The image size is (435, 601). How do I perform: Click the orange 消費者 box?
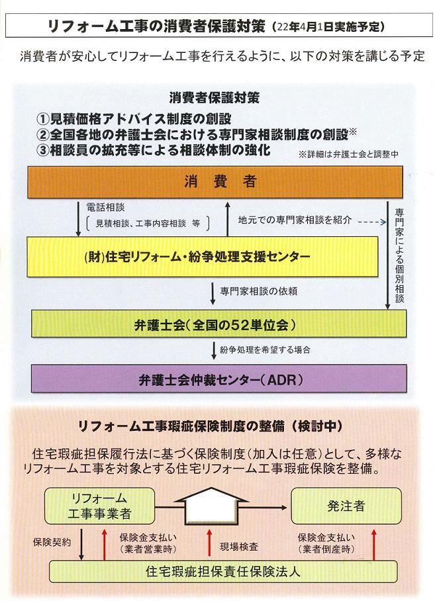217,181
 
